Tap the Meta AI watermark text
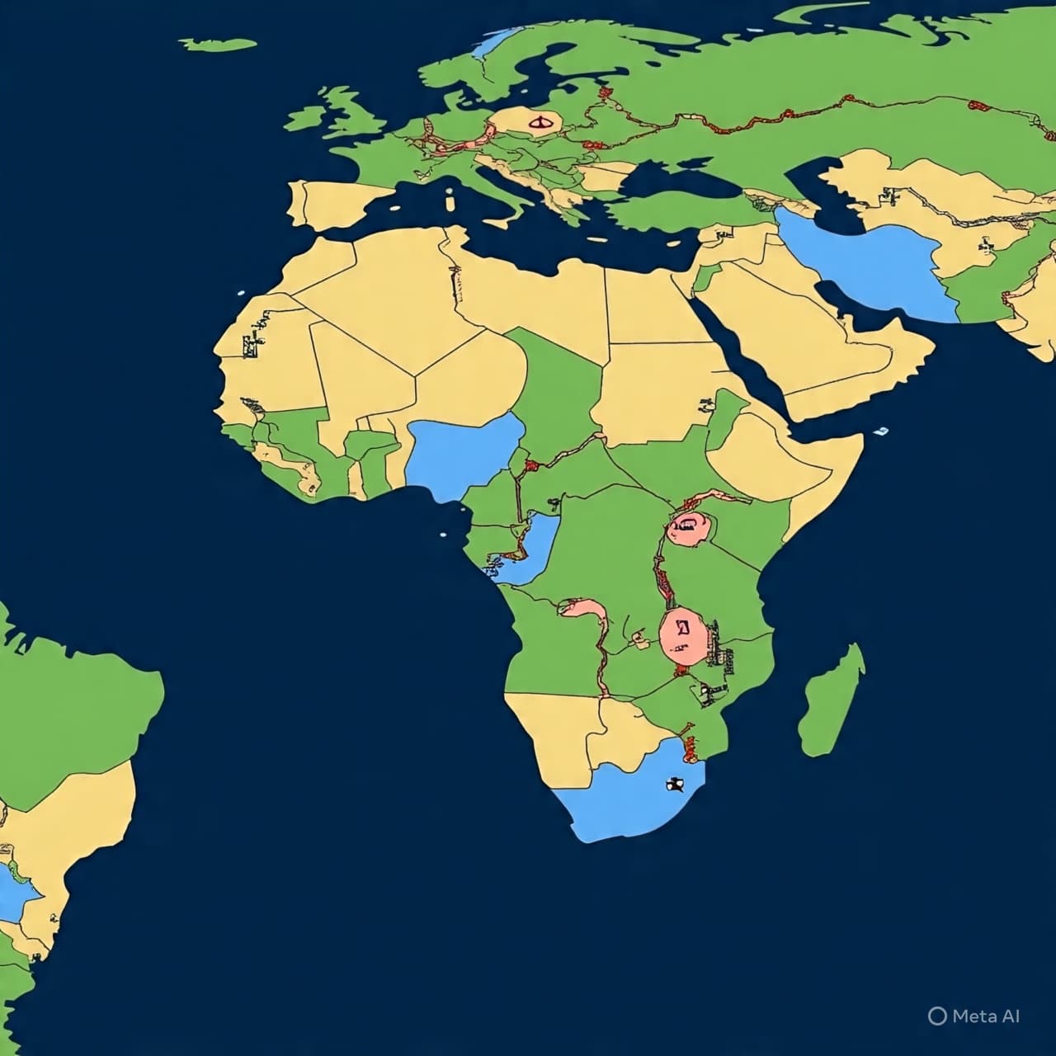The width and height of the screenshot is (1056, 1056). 986,1016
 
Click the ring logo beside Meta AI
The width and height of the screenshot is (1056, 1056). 936,1016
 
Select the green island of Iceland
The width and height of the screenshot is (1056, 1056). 218,44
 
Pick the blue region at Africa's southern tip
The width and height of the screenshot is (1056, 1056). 627,796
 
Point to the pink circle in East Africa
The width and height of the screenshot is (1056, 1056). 688,526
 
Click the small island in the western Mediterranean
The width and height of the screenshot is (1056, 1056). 450,200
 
